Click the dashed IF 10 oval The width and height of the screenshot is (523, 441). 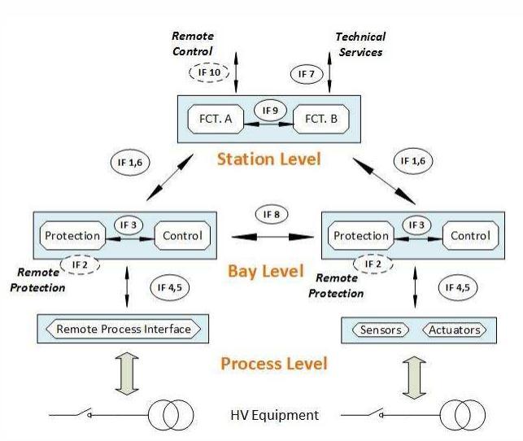pos(210,72)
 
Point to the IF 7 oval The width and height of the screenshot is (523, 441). pos(305,73)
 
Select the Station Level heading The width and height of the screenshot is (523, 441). pos(268,158)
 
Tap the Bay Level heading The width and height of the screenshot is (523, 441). pos(268,271)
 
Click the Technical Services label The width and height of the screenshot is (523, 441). pos(360,43)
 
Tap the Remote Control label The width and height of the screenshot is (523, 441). pos(193,43)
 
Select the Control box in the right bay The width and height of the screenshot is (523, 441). pos(469,236)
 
